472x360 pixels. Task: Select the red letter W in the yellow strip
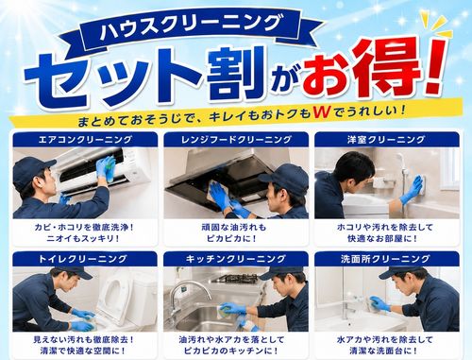click(322, 112)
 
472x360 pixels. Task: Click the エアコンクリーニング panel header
click(85, 140)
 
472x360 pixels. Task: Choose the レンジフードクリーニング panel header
click(236, 140)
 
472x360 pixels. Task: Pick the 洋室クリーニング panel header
click(387, 140)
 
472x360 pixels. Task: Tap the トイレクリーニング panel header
click(85, 259)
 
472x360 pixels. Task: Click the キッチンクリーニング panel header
click(236, 259)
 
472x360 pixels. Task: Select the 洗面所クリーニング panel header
click(387, 259)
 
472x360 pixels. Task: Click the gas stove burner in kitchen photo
click(235, 278)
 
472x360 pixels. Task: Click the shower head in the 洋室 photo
click(402, 160)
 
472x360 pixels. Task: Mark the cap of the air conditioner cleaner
click(33, 169)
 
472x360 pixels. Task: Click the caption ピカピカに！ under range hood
click(232, 238)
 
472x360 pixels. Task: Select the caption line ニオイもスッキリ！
click(83, 238)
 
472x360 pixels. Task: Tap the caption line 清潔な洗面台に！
click(383, 351)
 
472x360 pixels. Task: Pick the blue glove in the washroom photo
click(379, 303)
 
